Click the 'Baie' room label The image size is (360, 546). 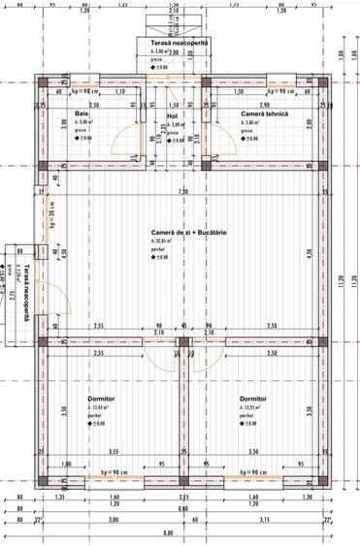tap(82, 114)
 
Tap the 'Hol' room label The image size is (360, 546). tap(174, 114)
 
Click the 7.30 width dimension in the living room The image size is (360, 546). tap(182, 192)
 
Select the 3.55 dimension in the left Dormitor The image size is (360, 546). tap(114, 451)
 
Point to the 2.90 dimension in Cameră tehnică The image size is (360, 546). tap(264, 104)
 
